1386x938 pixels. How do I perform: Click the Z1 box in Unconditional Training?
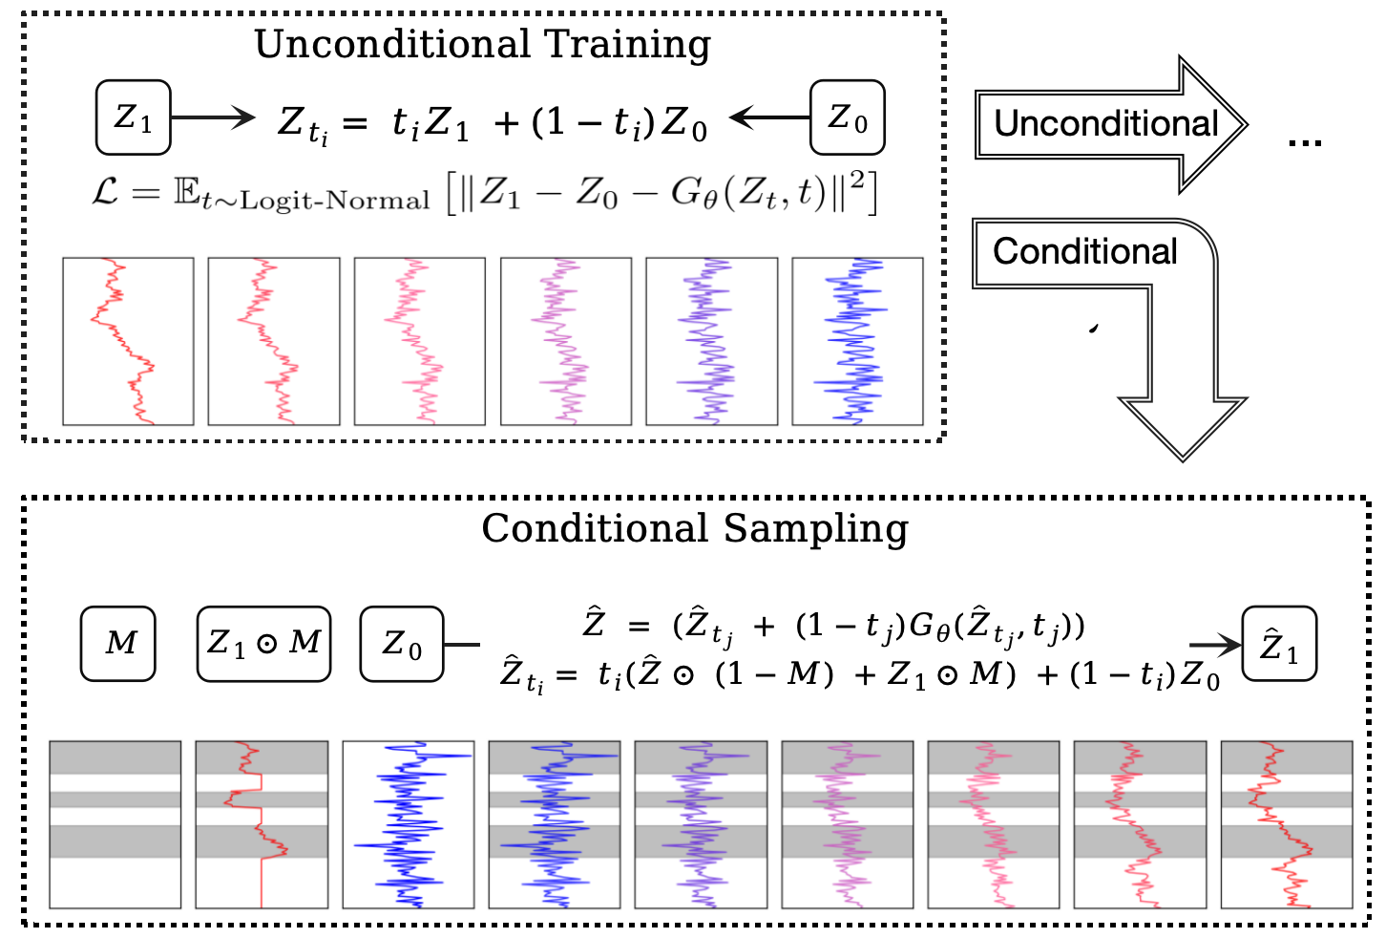[x=133, y=117]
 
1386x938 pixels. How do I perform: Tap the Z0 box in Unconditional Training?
[x=847, y=117]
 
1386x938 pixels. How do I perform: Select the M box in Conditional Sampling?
[x=117, y=643]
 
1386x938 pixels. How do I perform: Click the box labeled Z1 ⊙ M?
[x=263, y=643]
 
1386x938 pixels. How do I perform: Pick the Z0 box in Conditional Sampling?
[x=401, y=643]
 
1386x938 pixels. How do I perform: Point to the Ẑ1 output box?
[x=1279, y=645]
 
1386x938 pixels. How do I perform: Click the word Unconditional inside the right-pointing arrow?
[x=1105, y=123]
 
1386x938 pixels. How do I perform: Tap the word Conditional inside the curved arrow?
[x=1084, y=251]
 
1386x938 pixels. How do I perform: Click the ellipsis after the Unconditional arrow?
[x=1304, y=143]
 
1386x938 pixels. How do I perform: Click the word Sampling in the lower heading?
[x=815, y=528]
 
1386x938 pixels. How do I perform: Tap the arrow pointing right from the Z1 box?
[x=213, y=117]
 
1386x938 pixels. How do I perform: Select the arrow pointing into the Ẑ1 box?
[x=1214, y=646]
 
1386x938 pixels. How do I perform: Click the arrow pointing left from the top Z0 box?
[x=769, y=117]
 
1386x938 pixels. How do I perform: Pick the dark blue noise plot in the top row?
[x=857, y=341]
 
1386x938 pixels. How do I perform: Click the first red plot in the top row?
[x=128, y=341]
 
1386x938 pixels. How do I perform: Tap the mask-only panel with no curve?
[x=115, y=823]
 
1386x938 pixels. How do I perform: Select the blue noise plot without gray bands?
[x=408, y=823]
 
